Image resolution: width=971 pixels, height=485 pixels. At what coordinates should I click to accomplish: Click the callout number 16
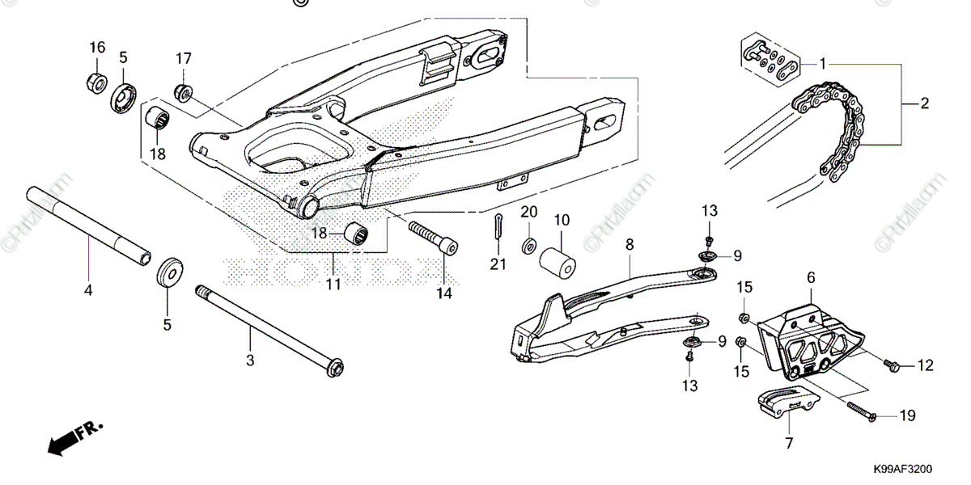(97, 48)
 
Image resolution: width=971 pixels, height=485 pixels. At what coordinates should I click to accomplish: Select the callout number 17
(184, 58)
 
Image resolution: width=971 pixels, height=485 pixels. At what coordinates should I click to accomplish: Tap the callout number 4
(88, 289)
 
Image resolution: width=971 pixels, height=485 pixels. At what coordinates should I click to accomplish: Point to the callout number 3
(250, 360)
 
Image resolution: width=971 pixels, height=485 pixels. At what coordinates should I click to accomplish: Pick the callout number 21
(498, 264)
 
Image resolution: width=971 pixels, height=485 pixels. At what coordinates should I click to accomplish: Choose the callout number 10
(562, 219)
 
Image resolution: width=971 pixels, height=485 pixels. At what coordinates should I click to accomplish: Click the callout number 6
(810, 277)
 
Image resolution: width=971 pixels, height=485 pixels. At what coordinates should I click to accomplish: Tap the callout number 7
(789, 443)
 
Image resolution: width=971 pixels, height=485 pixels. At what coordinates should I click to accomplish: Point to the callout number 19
(907, 416)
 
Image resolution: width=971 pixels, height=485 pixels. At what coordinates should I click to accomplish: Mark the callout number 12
(925, 366)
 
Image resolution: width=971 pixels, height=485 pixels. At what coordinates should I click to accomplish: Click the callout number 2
(924, 103)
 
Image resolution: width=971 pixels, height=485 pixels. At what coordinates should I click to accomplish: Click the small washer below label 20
(528, 243)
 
